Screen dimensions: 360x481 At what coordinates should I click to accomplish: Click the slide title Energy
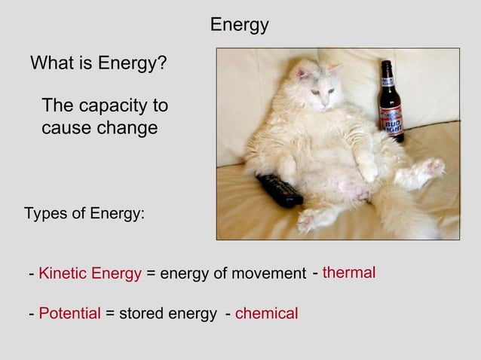pos(239,25)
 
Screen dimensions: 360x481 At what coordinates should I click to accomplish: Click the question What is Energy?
pos(98,64)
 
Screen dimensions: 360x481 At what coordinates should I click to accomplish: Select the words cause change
pos(100,128)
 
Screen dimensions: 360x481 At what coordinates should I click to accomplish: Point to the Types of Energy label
pos(84,213)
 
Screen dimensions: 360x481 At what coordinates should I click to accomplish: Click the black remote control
pos(280,191)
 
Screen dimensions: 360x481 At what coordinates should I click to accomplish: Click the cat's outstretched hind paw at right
pos(432,167)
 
